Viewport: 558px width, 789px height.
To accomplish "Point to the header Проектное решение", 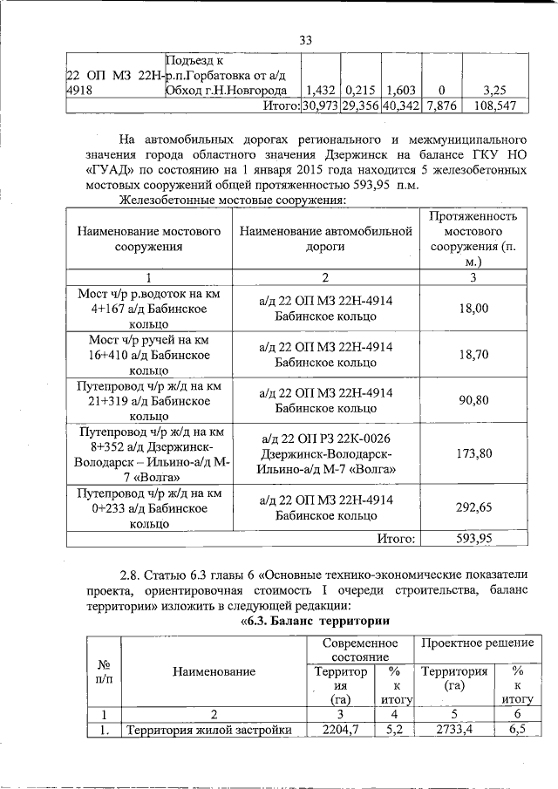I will pos(477,643).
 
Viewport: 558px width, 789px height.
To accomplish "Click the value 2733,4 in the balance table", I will pos(456,730).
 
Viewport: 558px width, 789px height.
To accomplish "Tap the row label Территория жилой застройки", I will pos(208,730).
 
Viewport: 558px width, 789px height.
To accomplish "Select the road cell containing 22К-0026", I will pos(324,453).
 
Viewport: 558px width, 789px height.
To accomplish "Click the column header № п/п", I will pos(103,670).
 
